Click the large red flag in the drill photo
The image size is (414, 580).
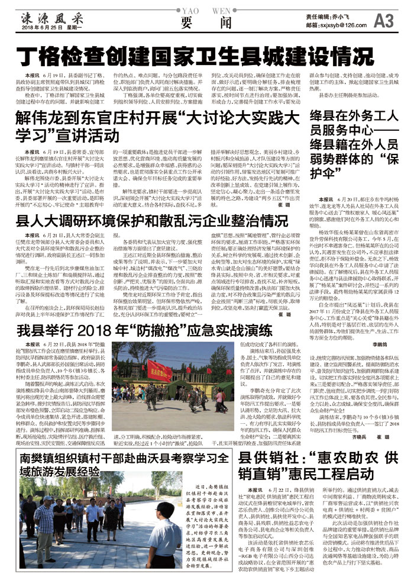pyautogui.click(x=160, y=370)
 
